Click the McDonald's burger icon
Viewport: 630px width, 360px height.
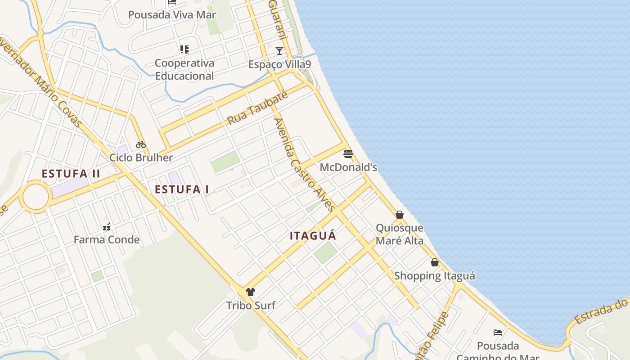click(x=348, y=154)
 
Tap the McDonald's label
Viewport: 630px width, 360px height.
click(x=348, y=167)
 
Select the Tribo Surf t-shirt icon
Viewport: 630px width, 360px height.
click(x=251, y=292)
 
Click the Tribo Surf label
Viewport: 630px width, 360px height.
click(x=251, y=306)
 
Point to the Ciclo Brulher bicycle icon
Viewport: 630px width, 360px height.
click(x=141, y=144)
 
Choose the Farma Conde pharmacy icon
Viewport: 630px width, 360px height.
click(x=107, y=226)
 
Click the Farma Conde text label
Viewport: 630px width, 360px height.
click(x=107, y=239)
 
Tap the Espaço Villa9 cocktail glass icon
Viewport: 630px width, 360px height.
click(x=279, y=51)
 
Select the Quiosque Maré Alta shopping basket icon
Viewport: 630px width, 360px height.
click(x=400, y=215)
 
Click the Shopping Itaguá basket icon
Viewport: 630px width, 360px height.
click(x=435, y=262)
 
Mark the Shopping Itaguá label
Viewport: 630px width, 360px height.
click(x=434, y=275)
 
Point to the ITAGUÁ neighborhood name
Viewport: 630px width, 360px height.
click(x=313, y=236)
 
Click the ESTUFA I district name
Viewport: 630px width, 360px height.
click(x=182, y=189)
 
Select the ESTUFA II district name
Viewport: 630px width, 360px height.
click(x=71, y=174)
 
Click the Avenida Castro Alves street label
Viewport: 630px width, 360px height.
click(x=304, y=164)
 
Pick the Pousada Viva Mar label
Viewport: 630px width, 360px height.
click(x=172, y=14)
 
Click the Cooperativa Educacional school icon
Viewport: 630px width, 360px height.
click(x=184, y=49)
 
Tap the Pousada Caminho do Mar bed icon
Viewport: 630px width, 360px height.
click(x=498, y=333)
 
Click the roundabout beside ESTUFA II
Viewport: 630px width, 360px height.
click(x=36, y=197)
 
